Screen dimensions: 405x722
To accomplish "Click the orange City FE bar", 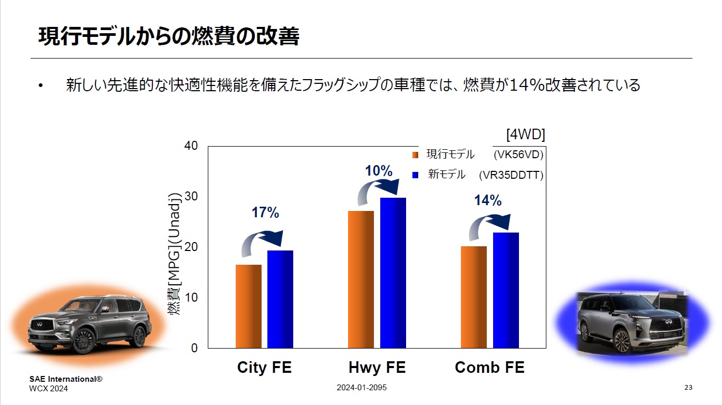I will [248, 306].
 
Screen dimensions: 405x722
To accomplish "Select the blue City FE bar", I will [280, 299].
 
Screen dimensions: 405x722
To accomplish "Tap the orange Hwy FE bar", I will [361, 279].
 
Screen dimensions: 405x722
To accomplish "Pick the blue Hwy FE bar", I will [393, 273].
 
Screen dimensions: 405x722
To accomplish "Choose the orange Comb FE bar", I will [474, 297].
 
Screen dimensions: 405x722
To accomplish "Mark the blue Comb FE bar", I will [506, 290].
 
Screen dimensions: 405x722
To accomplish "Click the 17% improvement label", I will [265, 213].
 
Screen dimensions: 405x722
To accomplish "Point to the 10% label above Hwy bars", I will [379, 171].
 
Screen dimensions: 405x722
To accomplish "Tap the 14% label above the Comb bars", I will [487, 200].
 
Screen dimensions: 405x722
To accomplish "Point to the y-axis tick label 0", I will [194, 348].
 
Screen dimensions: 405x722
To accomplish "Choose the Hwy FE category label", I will [377, 368].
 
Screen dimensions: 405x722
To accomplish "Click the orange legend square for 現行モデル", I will [415, 155].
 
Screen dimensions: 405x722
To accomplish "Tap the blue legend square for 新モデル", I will [415, 175].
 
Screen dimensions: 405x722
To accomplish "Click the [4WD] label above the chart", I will [525, 134].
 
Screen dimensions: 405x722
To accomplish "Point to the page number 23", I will [688, 388].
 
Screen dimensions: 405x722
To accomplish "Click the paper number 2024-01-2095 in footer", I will [362, 388].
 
